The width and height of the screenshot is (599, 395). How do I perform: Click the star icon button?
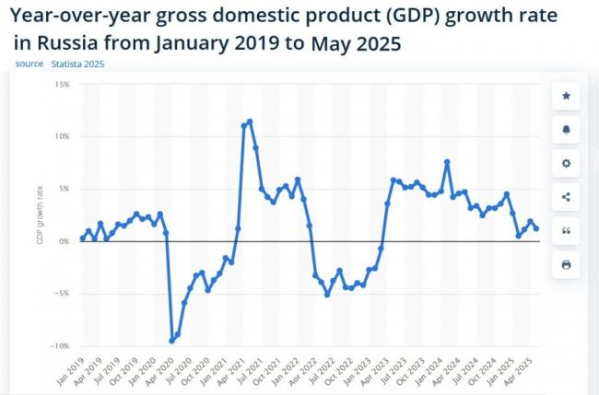(566, 96)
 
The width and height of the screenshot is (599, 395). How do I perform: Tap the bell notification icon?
(566, 130)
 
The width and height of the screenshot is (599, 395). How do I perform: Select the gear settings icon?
(566, 163)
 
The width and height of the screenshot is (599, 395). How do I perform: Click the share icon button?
(566, 197)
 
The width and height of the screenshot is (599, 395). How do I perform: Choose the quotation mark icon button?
(566, 230)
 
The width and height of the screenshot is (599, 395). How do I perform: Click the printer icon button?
(566, 264)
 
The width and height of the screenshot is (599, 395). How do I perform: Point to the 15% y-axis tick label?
(63, 84)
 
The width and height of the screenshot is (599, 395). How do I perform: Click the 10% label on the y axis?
(63, 136)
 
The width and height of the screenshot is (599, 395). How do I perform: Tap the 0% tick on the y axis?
(65, 241)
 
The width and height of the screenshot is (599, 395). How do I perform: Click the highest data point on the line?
(250, 122)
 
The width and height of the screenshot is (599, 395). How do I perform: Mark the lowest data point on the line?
(171, 341)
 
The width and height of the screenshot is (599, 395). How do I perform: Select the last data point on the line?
(536, 228)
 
